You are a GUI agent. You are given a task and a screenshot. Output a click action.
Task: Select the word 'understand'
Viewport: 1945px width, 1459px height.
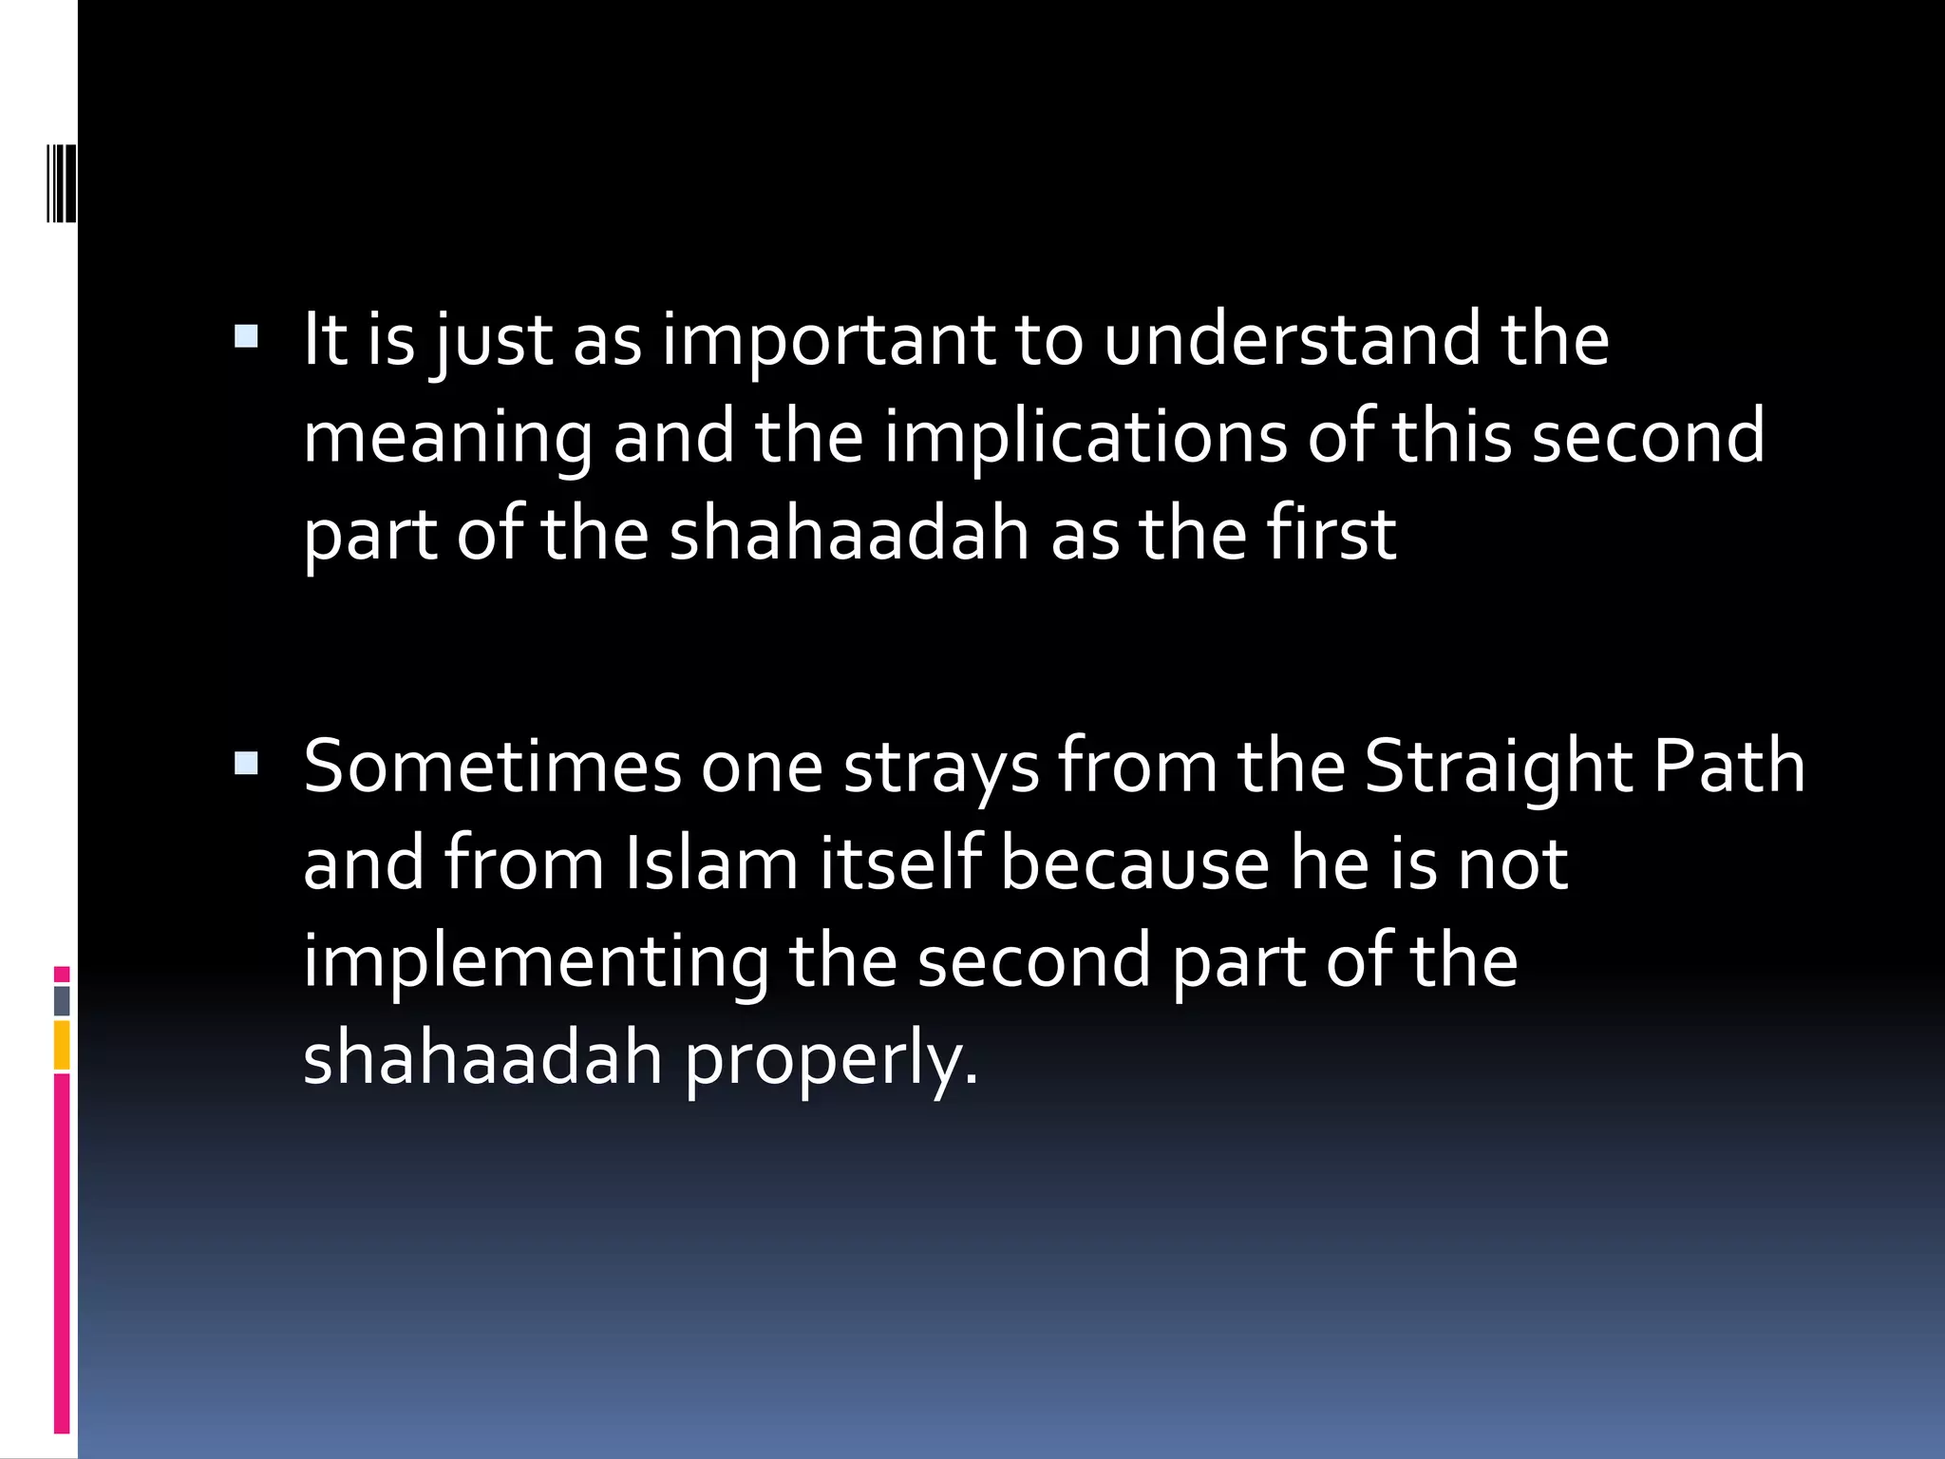pyautogui.click(x=1292, y=340)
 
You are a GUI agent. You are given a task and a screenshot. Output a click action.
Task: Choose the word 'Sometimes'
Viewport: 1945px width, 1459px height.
pyautogui.click(x=492, y=767)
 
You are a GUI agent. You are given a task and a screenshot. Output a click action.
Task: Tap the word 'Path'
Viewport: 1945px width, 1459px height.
pyautogui.click(x=1728, y=767)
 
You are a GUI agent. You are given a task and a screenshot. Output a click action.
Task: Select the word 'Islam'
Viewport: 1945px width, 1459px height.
pyautogui.click(x=711, y=864)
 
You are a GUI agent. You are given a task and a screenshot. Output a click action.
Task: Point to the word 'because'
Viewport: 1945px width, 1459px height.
pyautogui.click(x=1135, y=864)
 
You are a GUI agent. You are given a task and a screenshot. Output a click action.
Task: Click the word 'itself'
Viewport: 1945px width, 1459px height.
pyautogui.click(x=899, y=864)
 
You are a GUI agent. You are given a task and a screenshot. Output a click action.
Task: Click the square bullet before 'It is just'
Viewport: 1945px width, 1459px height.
pyautogui.click(x=246, y=336)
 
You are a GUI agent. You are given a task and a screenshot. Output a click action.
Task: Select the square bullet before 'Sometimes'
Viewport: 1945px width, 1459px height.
pyautogui.click(x=246, y=763)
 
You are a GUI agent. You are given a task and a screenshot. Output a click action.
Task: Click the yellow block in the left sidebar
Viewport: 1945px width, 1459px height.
pyautogui.click(x=62, y=1045)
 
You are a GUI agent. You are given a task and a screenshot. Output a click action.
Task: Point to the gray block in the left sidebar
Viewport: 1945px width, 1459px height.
pyautogui.click(x=62, y=1001)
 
